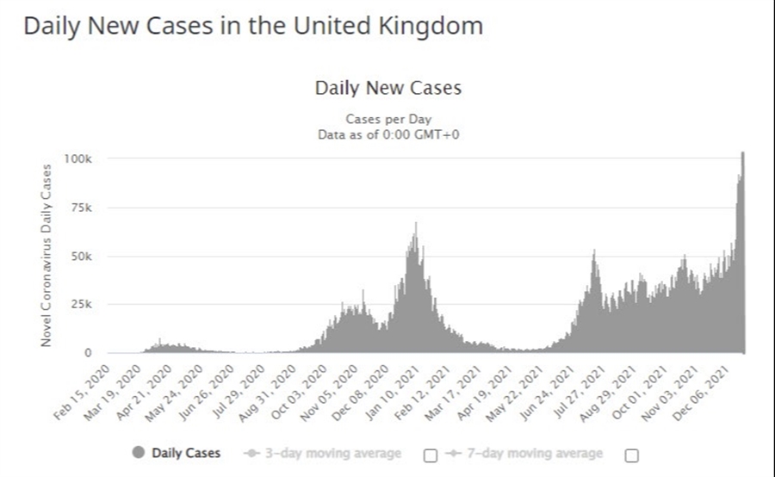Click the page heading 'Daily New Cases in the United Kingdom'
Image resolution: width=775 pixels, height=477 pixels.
pos(252,26)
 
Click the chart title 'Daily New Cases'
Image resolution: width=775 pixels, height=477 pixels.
pos(387,88)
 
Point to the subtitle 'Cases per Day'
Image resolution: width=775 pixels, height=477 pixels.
pos(387,120)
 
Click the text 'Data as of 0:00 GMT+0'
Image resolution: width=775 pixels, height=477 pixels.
pos(387,133)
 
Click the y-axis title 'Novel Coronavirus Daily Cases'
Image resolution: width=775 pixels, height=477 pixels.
pos(47,256)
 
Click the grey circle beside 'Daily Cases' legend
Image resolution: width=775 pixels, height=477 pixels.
pos(139,453)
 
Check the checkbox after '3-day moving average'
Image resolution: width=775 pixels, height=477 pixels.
pos(431,455)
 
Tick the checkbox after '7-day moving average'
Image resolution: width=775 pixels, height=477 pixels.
pos(630,455)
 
